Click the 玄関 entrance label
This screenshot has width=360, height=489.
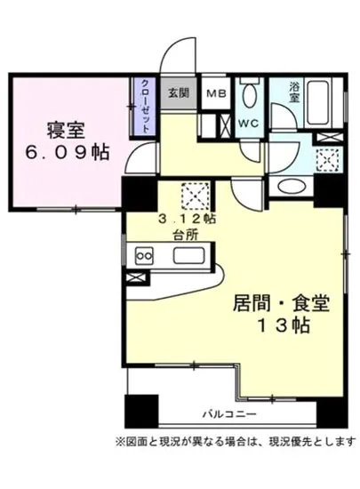click(x=178, y=91)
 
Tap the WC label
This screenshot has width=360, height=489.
click(x=248, y=124)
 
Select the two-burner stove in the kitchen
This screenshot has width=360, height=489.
click(x=142, y=256)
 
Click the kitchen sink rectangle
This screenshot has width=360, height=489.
click(x=190, y=256)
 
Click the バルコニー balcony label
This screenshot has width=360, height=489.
click(x=228, y=414)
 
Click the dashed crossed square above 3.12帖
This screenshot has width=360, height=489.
click(x=194, y=195)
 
